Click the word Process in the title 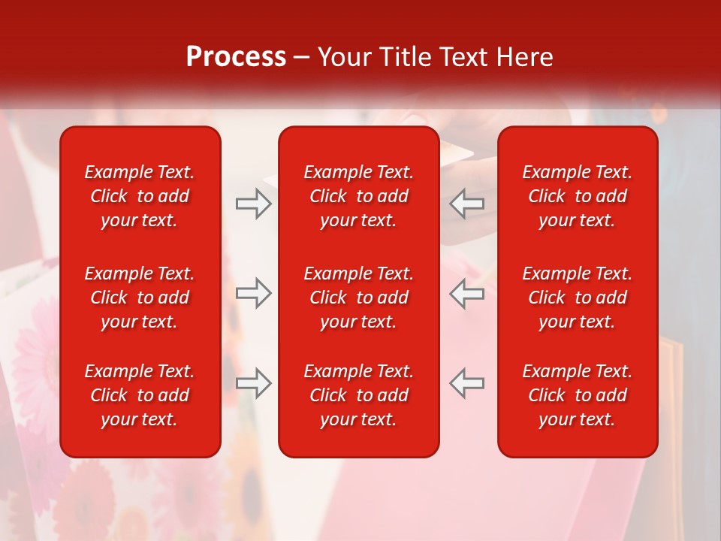pos(236,57)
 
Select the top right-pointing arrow pos(253,204)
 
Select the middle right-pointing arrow pos(253,293)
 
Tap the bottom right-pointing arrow pos(253,383)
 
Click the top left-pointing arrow pos(466,204)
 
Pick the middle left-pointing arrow pos(466,293)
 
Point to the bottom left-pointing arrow pos(466,383)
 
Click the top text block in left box pos(140,196)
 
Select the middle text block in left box pos(140,298)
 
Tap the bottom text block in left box pos(140,395)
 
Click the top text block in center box pos(358,196)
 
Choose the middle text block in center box pos(358,298)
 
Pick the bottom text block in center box pos(358,395)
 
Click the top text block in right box pos(577,196)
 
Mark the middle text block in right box pos(577,298)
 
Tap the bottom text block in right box pos(577,395)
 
